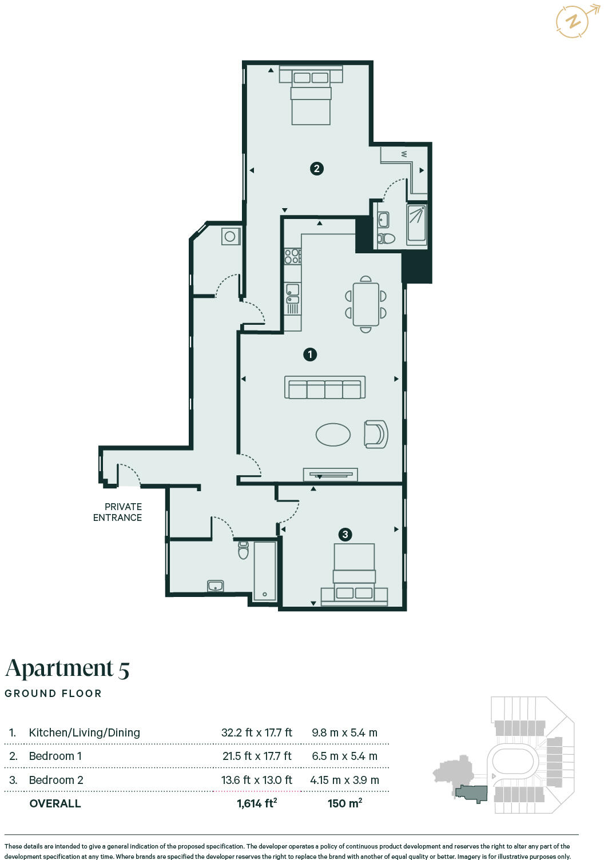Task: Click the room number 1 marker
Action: pyautogui.click(x=310, y=355)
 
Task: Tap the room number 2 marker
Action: pyautogui.click(x=317, y=169)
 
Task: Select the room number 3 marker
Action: pyautogui.click(x=345, y=535)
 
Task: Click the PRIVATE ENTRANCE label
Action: pyautogui.click(x=117, y=512)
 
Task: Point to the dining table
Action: pyautogui.click(x=365, y=304)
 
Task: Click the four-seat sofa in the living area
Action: pyautogui.click(x=325, y=387)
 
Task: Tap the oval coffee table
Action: pyautogui.click(x=333, y=434)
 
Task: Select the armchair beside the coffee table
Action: pyautogui.click(x=376, y=434)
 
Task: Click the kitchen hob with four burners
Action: pyautogui.click(x=293, y=256)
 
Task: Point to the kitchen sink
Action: pyautogui.click(x=293, y=294)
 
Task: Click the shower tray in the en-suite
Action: pyautogui.click(x=416, y=224)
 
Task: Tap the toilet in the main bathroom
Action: pyautogui.click(x=243, y=550)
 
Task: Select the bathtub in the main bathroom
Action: pyautogui.click(x=265, y=571)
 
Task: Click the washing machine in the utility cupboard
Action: pyautogui.click(x=231, y=236)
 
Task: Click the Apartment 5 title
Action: pyautogui.click(x=67, y=668)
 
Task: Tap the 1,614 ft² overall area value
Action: pyautogui.click(x=257, y=803)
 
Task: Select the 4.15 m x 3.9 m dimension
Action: pyautogui.click(x=344, y=780)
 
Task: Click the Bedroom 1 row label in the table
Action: pyautogui.click(x=55, y=756)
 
